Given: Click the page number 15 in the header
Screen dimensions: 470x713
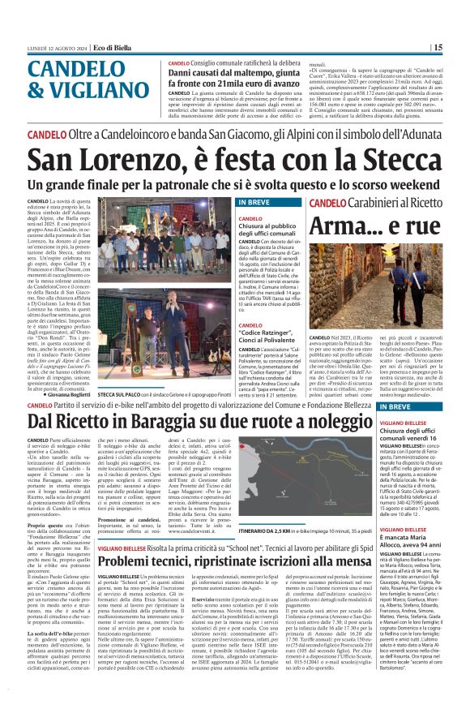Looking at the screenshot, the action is tap(460, 48).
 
